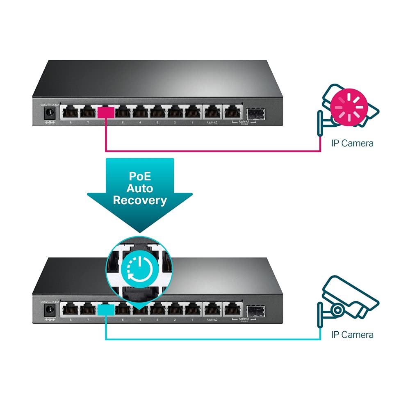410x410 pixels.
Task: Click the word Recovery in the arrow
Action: [x=140, y=200]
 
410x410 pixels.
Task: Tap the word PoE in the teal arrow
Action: [x=140, y=176]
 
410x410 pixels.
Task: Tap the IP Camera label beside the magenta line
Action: [x=352, y=143]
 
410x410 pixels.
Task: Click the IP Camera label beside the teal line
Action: [x=352, y=335]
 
